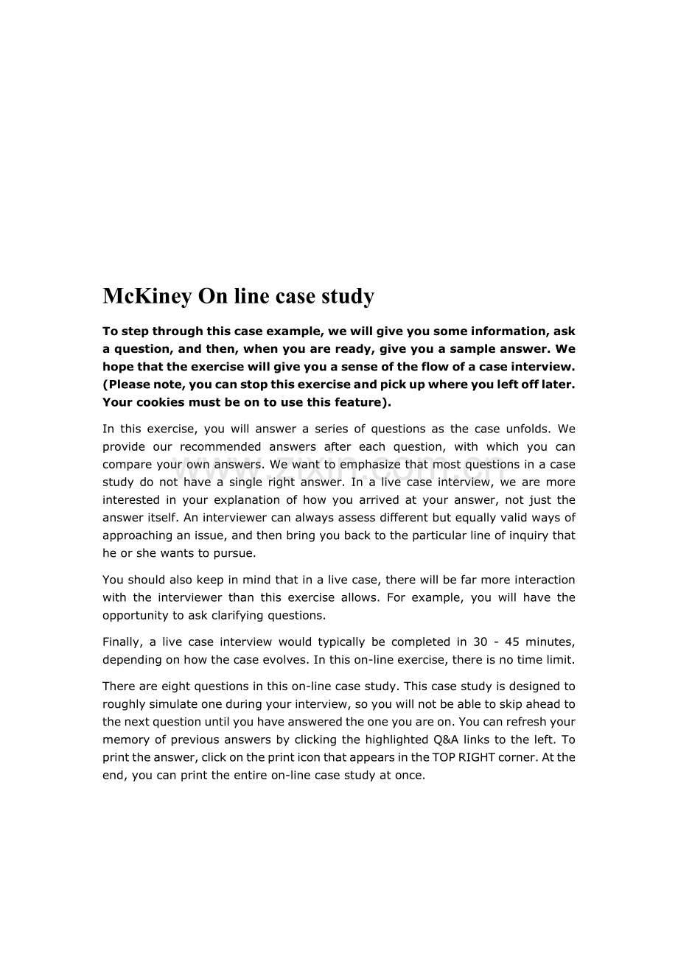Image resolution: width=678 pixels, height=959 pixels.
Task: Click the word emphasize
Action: (x=351, y=464)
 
